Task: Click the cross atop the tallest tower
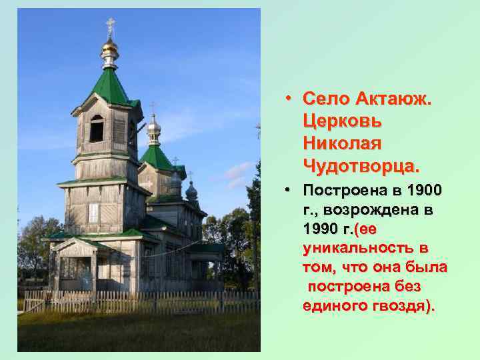point(110,25)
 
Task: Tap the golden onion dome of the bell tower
point(110,48)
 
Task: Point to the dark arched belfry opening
point(97,129)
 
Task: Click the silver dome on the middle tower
point(154,125)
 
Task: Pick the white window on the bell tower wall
point(94,213)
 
